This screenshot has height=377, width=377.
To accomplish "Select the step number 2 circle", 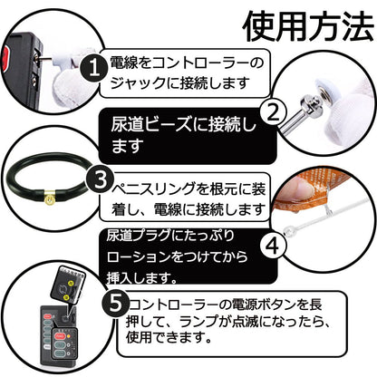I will coord(270,112).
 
